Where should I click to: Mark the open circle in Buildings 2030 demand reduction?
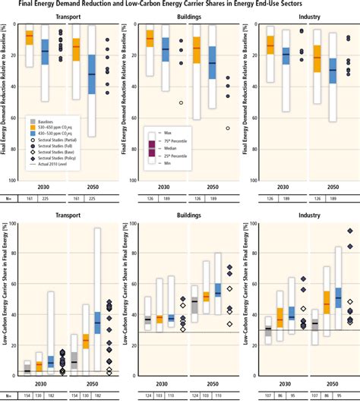click(x=181, y=102)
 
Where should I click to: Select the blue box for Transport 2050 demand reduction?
click(x=92, y=74)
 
